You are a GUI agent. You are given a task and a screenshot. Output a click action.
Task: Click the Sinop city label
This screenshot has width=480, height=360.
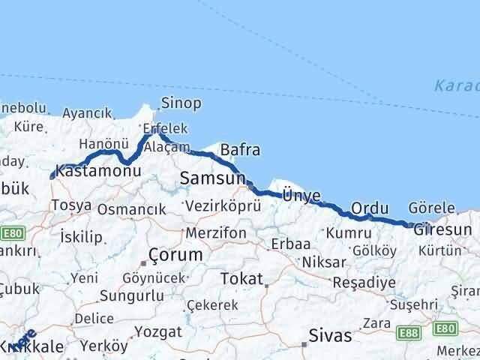pos(181,103)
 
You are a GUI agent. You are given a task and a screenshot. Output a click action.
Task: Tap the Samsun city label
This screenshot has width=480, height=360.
pos(212,178)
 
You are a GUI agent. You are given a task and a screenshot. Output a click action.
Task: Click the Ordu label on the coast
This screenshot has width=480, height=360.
pos(370,208)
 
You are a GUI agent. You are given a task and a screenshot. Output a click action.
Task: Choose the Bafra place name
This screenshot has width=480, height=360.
pos(240,150)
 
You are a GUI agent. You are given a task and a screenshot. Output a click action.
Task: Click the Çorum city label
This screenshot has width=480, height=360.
pos(175,255)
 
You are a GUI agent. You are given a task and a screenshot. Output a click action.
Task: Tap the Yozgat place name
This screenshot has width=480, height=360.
pos(159,331)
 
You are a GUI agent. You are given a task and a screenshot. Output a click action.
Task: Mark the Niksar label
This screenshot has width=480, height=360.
pos(323,263)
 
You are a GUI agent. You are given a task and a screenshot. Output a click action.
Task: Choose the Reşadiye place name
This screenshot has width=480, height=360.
pos(364,283)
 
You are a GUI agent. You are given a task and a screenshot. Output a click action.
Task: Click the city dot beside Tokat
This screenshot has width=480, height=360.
pos(266,285)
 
